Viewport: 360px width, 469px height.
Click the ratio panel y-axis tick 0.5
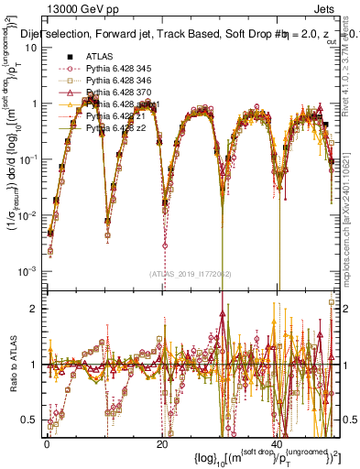click(33, 420)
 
